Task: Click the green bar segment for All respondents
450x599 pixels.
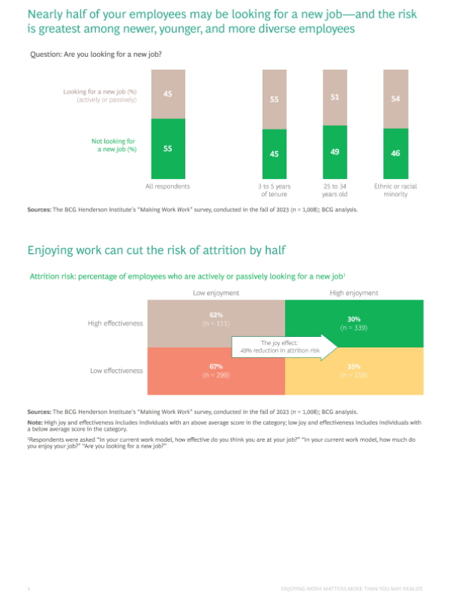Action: (x=167, y=148)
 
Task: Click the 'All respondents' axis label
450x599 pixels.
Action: (x=167, y=185)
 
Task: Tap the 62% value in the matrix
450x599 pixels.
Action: (x=216, y=317)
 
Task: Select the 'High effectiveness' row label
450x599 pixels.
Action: (x=115, y=323)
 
